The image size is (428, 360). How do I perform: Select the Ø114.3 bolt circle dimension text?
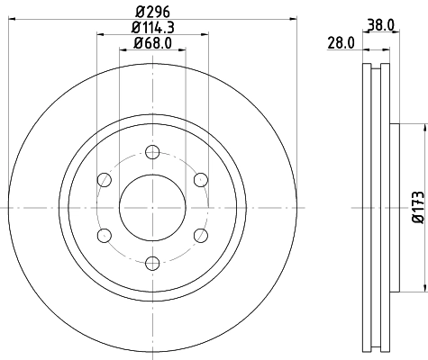coord(152,29)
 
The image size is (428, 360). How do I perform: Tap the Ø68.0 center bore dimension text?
coord(152,44)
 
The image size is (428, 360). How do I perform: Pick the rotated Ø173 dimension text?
coord(417,205)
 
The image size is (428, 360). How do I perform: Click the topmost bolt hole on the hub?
coord(151,151)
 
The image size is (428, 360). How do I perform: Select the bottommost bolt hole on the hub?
coord(151,262)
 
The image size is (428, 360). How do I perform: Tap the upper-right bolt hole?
coord(200,179)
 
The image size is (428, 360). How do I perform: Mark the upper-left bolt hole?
coord(104,179)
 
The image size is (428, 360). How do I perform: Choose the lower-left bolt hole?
coord(104,234)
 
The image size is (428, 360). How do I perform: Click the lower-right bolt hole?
coord(200,234)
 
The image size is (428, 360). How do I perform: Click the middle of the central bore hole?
coord(151,206)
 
